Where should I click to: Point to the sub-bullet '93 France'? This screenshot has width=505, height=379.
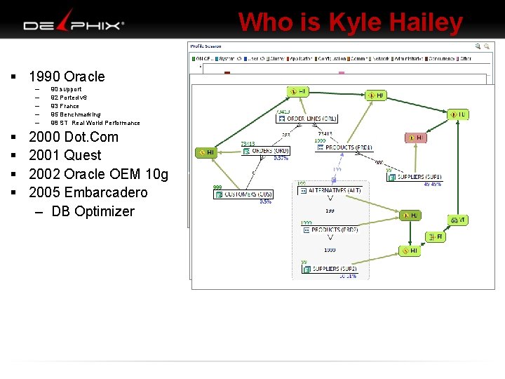[x=65, y=106]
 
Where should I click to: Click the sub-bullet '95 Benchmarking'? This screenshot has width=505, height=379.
[x=75, y=114]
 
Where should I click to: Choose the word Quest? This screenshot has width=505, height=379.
[x=83, y=155]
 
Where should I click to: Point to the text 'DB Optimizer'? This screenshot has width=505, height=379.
[x=93, y=211]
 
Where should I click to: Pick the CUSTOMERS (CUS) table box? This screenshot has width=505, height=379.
[x=243, y=194]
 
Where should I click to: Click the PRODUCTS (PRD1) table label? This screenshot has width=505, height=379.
[x=348, y=147]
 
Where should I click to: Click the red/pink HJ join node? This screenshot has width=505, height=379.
[x=416, y=138]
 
